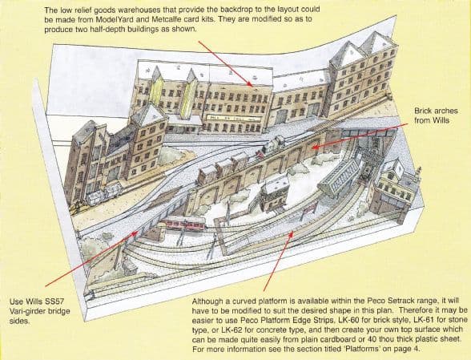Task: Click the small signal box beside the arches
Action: point(277,192)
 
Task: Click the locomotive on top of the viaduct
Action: point(272,147)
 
